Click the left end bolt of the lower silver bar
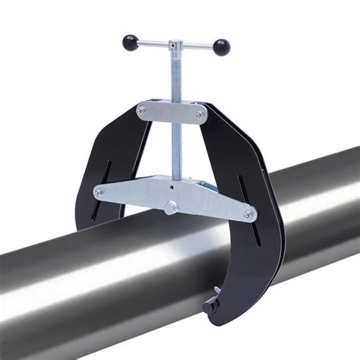tap(97, 193)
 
